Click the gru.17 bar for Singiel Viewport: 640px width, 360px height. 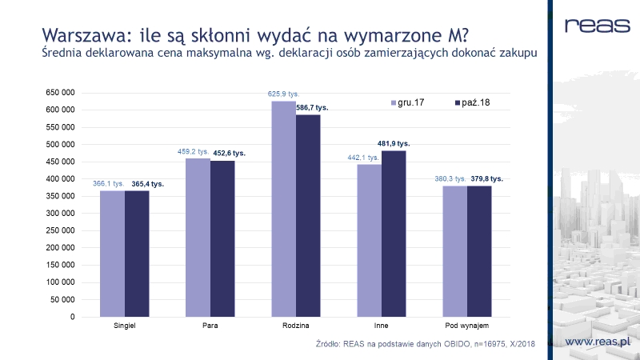(112, 254)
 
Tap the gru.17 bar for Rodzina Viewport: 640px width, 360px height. (284, 209)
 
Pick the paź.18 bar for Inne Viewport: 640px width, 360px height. (394, 234)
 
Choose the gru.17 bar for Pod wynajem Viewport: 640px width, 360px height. (454, 251)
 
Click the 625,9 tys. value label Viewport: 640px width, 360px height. (283, 94)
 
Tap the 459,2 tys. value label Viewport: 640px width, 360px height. (193, 152)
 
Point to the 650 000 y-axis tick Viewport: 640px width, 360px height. (60, 93)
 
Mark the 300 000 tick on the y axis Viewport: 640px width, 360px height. (60, 214)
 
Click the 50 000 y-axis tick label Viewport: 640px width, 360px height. (62, 299)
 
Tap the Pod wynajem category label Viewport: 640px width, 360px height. (467, 326)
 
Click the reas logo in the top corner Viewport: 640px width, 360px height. (595, 26)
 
